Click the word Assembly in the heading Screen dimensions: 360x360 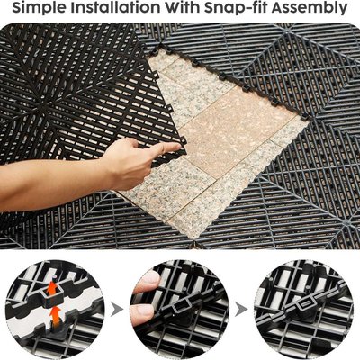coord(310,8)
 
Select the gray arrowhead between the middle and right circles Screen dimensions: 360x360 coord(241,310)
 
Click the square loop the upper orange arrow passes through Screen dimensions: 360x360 coord(54,296)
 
